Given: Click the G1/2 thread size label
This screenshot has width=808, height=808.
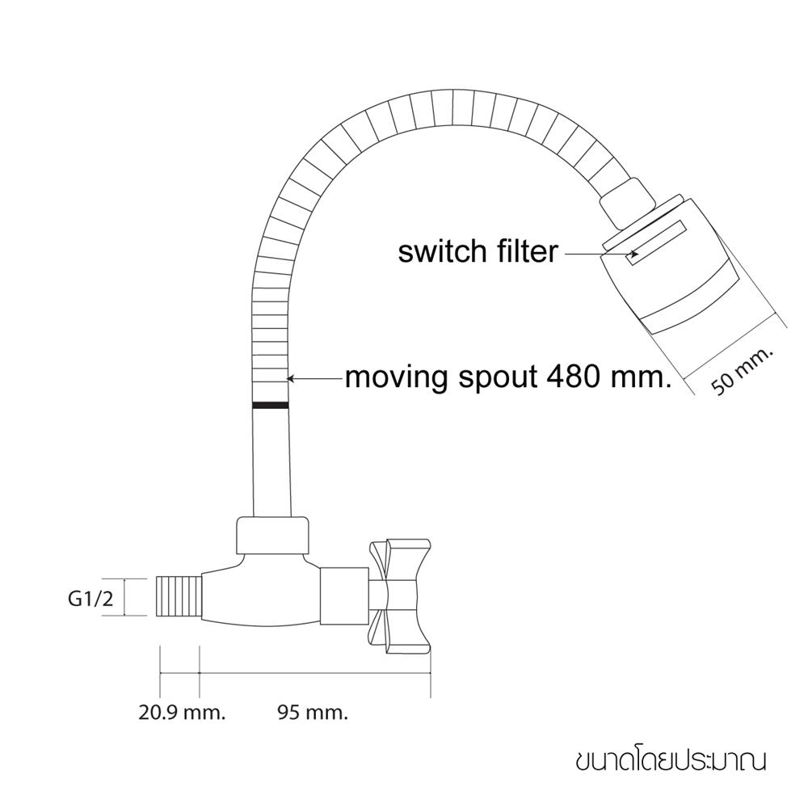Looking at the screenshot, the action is (90, 598).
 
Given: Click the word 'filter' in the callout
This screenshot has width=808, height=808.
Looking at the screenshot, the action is (527, 251).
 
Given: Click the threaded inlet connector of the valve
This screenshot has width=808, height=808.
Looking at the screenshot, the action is (179, 597).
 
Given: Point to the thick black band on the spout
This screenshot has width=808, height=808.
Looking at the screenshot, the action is (271, 405).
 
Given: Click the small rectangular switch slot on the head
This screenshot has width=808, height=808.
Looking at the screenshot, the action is (655, 243).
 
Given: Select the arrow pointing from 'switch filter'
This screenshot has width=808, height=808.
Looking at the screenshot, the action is (601, 254).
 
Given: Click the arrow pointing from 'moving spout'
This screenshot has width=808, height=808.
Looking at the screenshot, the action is (315, 379).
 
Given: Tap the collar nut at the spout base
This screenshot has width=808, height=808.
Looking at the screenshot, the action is (274, 536).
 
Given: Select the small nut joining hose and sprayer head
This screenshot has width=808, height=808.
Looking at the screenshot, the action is (621, 203).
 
